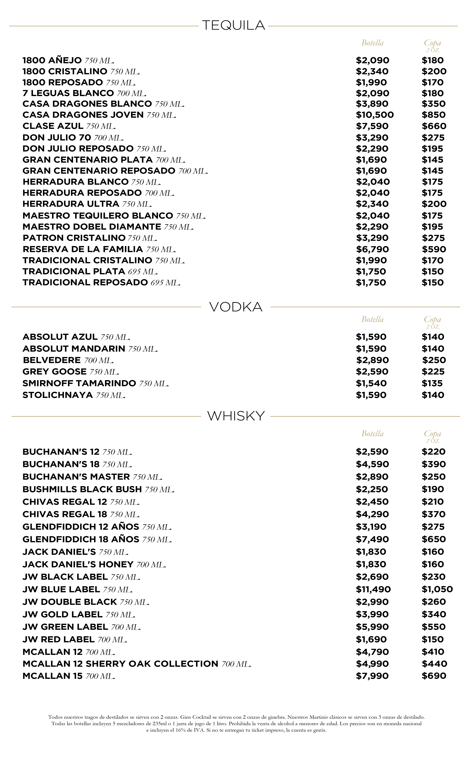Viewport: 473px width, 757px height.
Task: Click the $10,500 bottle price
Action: pos(375,115)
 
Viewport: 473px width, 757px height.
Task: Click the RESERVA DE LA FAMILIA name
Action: pos(83,249)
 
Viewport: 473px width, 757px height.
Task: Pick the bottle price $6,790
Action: pos(372,249)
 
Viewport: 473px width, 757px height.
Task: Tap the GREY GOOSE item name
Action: pos(54,372)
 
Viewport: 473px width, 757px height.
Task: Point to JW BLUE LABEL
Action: pos(61,589)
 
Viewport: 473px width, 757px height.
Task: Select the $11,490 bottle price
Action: pos(373,589)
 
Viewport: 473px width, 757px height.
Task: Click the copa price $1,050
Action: pos(437,589)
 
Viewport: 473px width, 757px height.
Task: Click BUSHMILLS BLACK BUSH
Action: pos(82,489)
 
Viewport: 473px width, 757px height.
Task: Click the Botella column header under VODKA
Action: pos(372,320)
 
